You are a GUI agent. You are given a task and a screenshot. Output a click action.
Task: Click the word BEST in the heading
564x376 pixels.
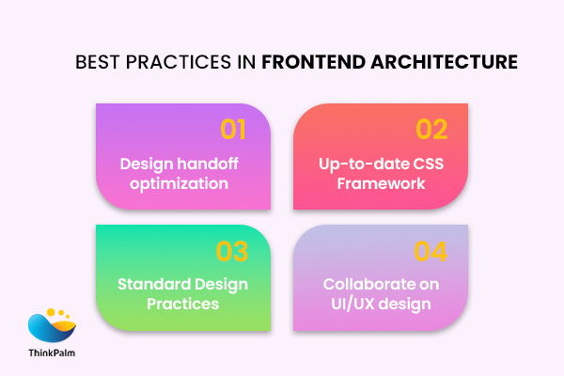pos(96,63)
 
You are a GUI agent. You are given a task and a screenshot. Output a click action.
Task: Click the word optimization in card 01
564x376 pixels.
pos(180,183)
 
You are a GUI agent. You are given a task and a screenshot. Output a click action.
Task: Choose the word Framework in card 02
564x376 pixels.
pos(379,183)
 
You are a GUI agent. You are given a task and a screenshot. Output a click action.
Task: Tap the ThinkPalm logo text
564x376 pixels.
pos(53,353)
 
